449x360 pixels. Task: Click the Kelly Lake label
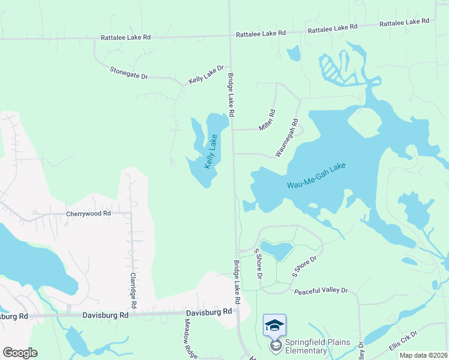(212, 151)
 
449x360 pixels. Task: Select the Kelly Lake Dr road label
(206, 74)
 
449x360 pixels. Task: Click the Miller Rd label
(267, 120)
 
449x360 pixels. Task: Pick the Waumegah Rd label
(287, 137)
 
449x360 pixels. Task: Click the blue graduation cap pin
(274, 325)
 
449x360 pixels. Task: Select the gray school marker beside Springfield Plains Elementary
(275, 346)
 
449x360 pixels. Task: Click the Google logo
(20, 352)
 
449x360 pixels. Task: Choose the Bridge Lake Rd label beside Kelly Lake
(231, 91)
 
